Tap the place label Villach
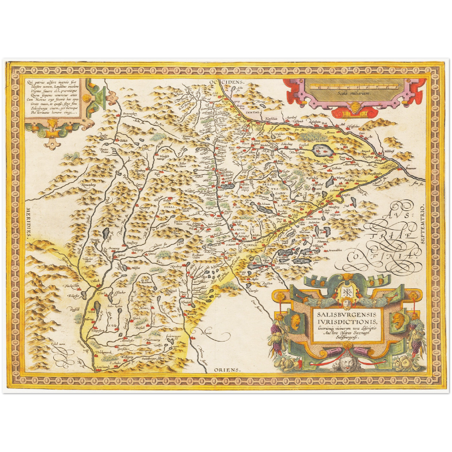pos(95,281)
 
